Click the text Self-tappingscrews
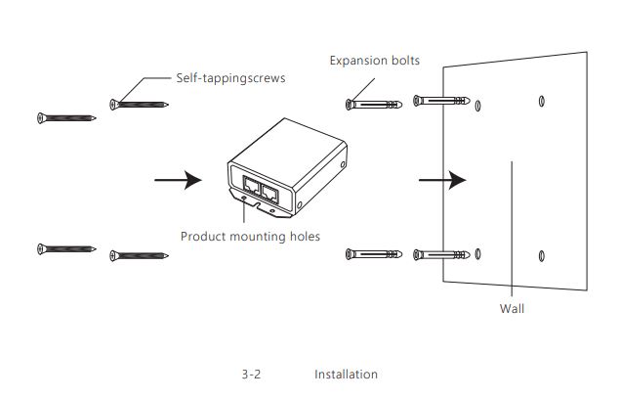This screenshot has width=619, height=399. (230, 78)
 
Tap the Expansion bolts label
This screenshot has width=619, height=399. (375, 61)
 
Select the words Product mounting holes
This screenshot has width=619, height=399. (250, 236)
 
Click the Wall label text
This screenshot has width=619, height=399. (512, 308)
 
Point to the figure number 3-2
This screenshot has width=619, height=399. (253, 375)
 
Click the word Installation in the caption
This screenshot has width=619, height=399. (346, 375)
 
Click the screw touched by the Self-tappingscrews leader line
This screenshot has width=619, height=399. (139, 103)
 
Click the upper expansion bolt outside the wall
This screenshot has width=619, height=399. (375, 102)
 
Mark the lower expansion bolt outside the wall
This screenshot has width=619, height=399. (375, 255)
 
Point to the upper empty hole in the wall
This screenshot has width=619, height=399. (542, 101)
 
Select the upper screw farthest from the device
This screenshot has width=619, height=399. (66, 118)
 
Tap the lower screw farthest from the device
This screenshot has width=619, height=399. (66, 248)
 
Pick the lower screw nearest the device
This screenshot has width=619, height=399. (139, 256)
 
